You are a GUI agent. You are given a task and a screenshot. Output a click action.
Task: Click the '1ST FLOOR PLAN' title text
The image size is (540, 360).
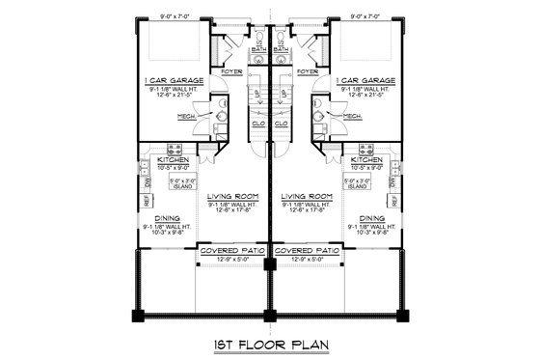click(x=269, y=345)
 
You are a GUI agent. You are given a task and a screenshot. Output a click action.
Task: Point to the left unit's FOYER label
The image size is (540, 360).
click(x=230, y=71)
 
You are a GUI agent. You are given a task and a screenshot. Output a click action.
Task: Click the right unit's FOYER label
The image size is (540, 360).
click(x=309, y=71)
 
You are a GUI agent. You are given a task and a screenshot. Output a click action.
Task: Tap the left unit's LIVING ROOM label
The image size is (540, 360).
click(x=230, y=196)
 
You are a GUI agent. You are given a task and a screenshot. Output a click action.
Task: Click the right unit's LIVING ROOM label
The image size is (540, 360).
click(x=308, y=196)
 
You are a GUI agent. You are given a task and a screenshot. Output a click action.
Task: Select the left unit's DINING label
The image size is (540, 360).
click(x=169, y=218)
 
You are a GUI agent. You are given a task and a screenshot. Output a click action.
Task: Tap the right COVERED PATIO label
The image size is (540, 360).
click(x=308, y=249)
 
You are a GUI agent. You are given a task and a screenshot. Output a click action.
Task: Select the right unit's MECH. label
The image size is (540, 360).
click(x=352, y=116)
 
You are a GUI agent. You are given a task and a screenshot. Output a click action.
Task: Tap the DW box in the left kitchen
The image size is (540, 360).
click(x=147, y=181)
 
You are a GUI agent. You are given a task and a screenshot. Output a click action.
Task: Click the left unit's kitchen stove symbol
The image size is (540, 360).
click(x=176, y=149)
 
